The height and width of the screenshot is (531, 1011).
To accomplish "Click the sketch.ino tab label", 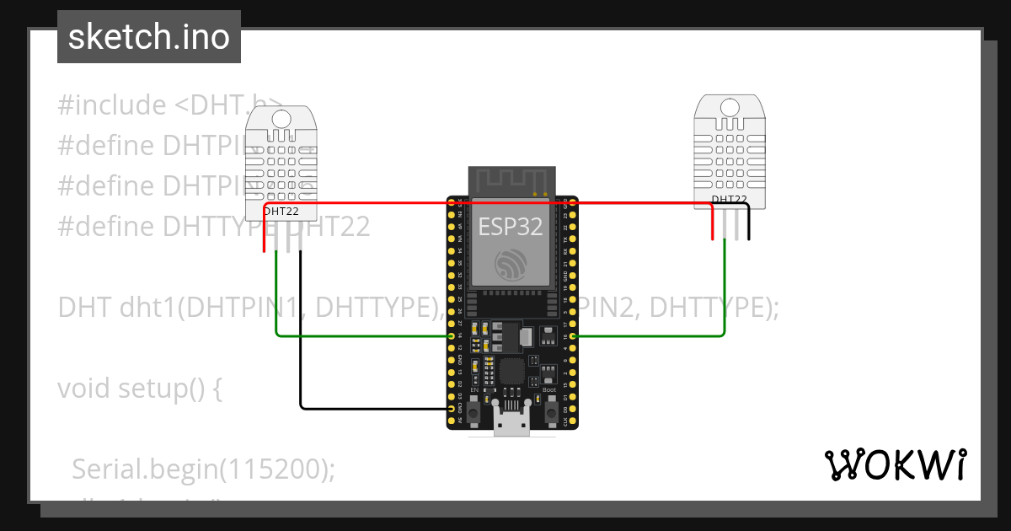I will tap(149, 37).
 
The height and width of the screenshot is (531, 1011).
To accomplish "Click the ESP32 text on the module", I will tap(511, 227).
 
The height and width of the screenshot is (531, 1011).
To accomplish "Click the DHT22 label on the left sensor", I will tap(281, 212).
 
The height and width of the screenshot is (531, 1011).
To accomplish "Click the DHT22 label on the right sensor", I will tap(729, 200).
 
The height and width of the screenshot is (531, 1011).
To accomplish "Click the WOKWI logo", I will tap(895, 464).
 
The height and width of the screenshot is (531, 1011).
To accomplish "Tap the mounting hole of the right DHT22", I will tap(730, 107).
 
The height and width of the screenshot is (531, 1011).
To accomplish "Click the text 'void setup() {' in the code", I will tap(140, 389).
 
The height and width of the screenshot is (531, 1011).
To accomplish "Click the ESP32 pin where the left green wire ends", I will tap(452, 336).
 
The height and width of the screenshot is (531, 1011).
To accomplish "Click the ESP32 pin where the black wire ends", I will tap(452, 409).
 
